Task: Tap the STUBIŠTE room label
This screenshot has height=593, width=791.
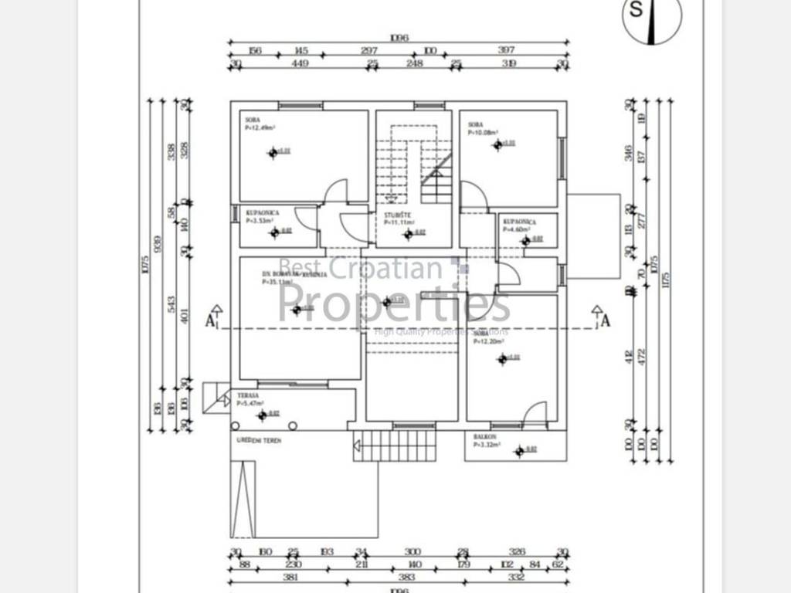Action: (x=399, y=215)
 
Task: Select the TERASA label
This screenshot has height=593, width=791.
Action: (x=248, y=395)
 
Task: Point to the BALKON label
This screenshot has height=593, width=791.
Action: (x=484, y=437)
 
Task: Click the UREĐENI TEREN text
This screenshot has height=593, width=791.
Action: (x=259, y=440)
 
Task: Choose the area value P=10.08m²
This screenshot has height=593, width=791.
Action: (x=483, y=132)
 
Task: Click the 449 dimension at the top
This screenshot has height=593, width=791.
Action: (x=300, y=64)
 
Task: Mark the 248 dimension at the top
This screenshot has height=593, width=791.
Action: (x=415, y=64)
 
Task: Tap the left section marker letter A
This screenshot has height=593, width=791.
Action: (x=209, y=321)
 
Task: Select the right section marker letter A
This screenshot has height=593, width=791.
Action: (x=606, y=321)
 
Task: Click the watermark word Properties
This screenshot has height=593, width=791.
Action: (x=394, y=303)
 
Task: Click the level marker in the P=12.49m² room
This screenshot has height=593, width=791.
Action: (x=273, y=153)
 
